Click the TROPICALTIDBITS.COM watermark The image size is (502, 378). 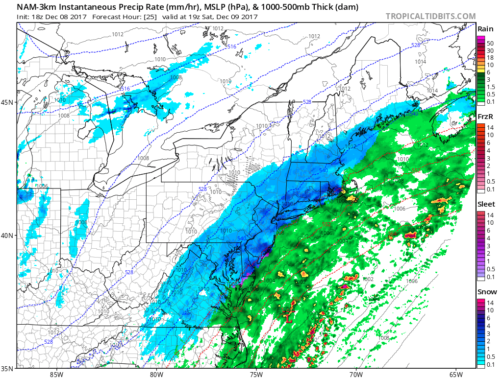(430, 16)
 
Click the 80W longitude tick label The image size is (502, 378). (156, 375)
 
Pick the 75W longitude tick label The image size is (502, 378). (256, 375)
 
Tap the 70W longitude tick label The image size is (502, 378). (356, 375)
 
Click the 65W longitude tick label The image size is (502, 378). (455, 375)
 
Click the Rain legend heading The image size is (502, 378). (485, 29)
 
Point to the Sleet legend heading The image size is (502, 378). (486, 204)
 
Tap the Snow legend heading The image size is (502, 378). (486, 292)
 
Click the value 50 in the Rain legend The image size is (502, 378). (490, 44)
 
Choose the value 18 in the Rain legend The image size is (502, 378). (490, 58)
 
